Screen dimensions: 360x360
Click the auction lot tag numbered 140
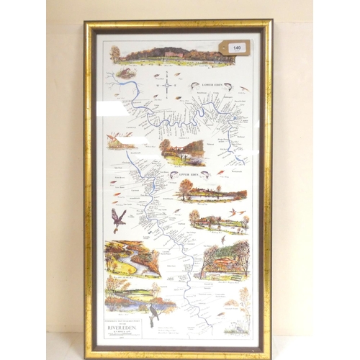click(235, 48)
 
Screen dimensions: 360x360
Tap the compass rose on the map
click(167, 84)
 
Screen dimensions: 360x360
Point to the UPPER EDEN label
click(186, 174)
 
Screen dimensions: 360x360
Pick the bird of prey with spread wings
click(118, 218)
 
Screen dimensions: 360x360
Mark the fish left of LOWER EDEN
click(193, 85)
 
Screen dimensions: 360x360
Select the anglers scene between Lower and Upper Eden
click(182, 153)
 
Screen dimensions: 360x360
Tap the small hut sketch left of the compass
click(127, 73)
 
